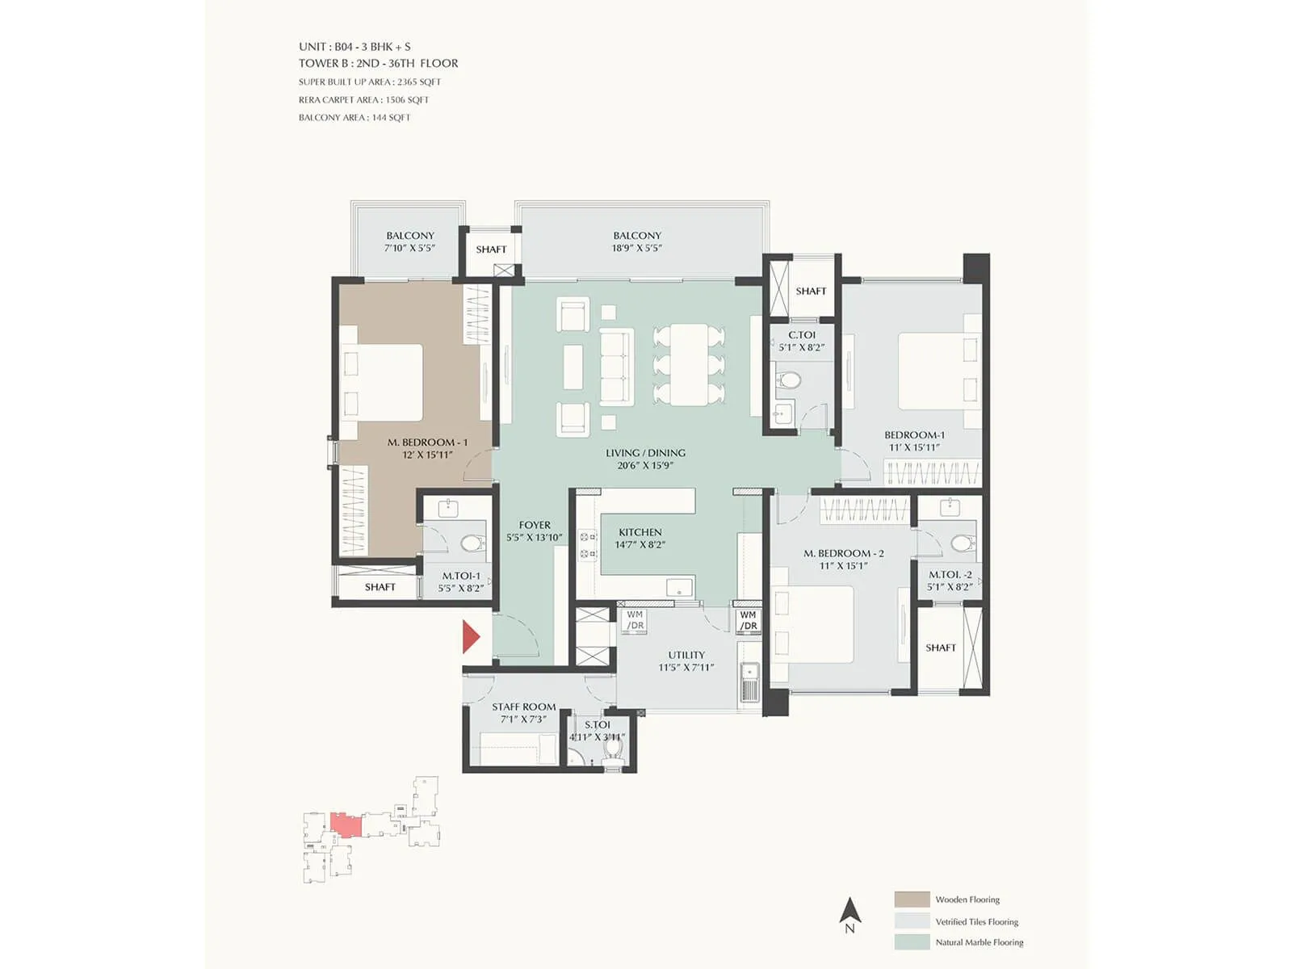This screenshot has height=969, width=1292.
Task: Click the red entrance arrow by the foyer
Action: pyautogui.click(x=471, y=636)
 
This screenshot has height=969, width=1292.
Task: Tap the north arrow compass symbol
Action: pyautogui.click(x=849, y=912)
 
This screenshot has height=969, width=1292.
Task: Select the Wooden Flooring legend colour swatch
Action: pyautogui.click(x=912, y=900)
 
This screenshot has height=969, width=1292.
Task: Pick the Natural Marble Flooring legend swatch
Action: pyautogui.click(x=912, y=942)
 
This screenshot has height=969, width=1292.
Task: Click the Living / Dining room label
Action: pyautogui.click(x=645, y=453)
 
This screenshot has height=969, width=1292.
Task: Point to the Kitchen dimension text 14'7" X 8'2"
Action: pyautogui.click(x=640, y=545)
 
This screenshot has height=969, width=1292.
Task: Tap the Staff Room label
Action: pyautogui.click(x=523, y=707)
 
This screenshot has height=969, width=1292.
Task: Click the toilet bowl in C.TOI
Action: pyautogui.click(x=789, y=380)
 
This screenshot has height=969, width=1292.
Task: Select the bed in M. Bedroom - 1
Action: pyautogui.click(x=382, y=382)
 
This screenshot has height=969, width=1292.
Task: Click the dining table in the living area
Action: pyautogui.click(x=689, y=364)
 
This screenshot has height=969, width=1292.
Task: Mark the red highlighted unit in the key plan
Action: pyautogui.click(x=346, y=826)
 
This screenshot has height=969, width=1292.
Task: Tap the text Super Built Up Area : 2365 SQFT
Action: pyautogui.click(x=370, y=82)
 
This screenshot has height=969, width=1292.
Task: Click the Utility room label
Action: pyautogui.click(x=686, y=655)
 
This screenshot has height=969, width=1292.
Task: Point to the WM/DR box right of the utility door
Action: pyautogui.click(x=749, y=620)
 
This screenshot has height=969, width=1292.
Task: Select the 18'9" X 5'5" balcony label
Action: pyautogui.click(x=637, y=249)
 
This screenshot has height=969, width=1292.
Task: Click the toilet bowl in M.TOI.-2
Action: pyautogui.click(x=961, y=543)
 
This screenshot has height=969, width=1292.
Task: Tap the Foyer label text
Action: pyautogui.click(x=535, y=525)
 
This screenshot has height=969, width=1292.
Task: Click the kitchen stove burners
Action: pyautogui.click(x=588, y=545)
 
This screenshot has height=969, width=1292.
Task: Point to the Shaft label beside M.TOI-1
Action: pyautogui.click(x=380, y=587)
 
